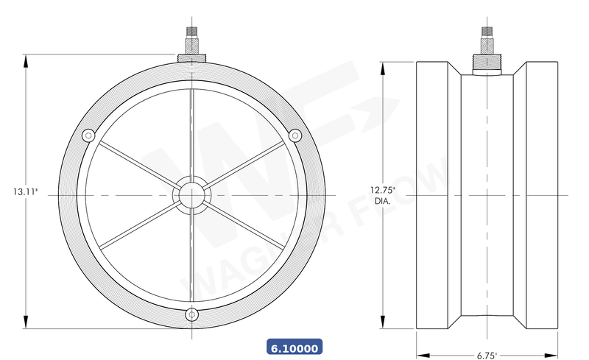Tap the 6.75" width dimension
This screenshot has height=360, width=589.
485,354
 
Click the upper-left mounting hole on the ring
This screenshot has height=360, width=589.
88,135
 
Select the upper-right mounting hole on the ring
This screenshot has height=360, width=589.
295,135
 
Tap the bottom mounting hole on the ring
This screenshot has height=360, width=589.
192,314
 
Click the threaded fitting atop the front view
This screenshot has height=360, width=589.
191,36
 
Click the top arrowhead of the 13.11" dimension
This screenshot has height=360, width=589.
27,60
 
